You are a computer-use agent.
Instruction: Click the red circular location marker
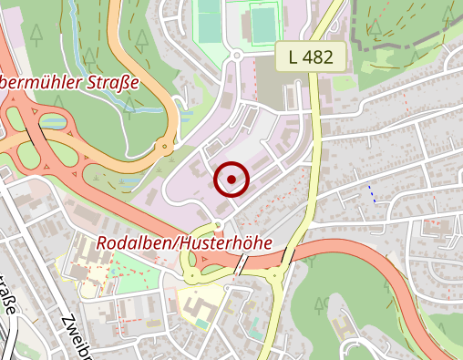click(x=231, y=180)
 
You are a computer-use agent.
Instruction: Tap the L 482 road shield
click(x=311, y=57)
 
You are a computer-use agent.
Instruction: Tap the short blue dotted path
click(x=371, y=193)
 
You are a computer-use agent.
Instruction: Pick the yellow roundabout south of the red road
click(x=275, y=275)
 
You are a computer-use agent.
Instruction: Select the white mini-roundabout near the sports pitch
click(x=236, y=55)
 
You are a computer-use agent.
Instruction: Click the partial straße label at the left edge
click(x=8, y=292)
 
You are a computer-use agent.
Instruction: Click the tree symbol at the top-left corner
click(x=36, y=35)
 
